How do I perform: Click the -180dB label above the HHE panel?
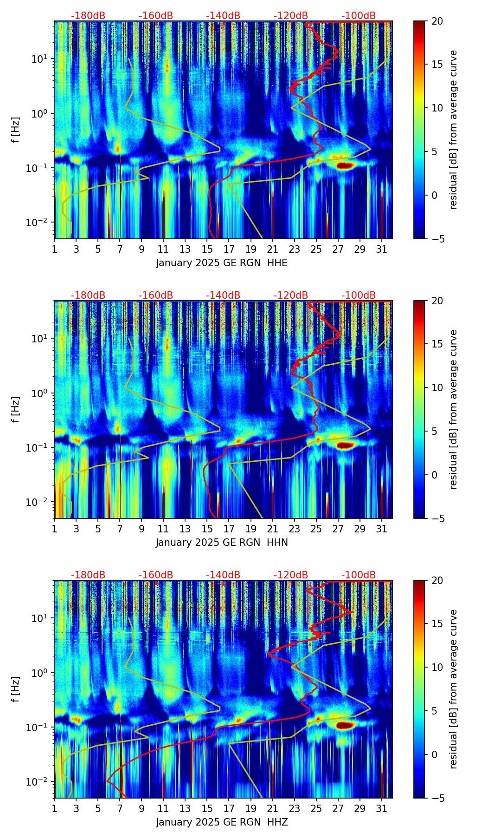point(88,16)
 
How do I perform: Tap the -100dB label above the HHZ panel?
point(359,575)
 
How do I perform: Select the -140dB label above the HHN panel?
point(223,295)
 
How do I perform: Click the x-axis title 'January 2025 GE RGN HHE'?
point(222,263)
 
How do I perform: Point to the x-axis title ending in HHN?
point(222,543)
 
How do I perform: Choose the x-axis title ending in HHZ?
point(222,822)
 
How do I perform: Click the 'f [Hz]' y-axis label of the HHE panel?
point(16,130)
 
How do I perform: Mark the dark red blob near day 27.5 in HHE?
point(344,165)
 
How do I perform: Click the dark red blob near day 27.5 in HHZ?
point(344,724)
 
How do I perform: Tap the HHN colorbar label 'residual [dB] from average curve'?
point(454,409)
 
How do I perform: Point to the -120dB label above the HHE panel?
point(291,16)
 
